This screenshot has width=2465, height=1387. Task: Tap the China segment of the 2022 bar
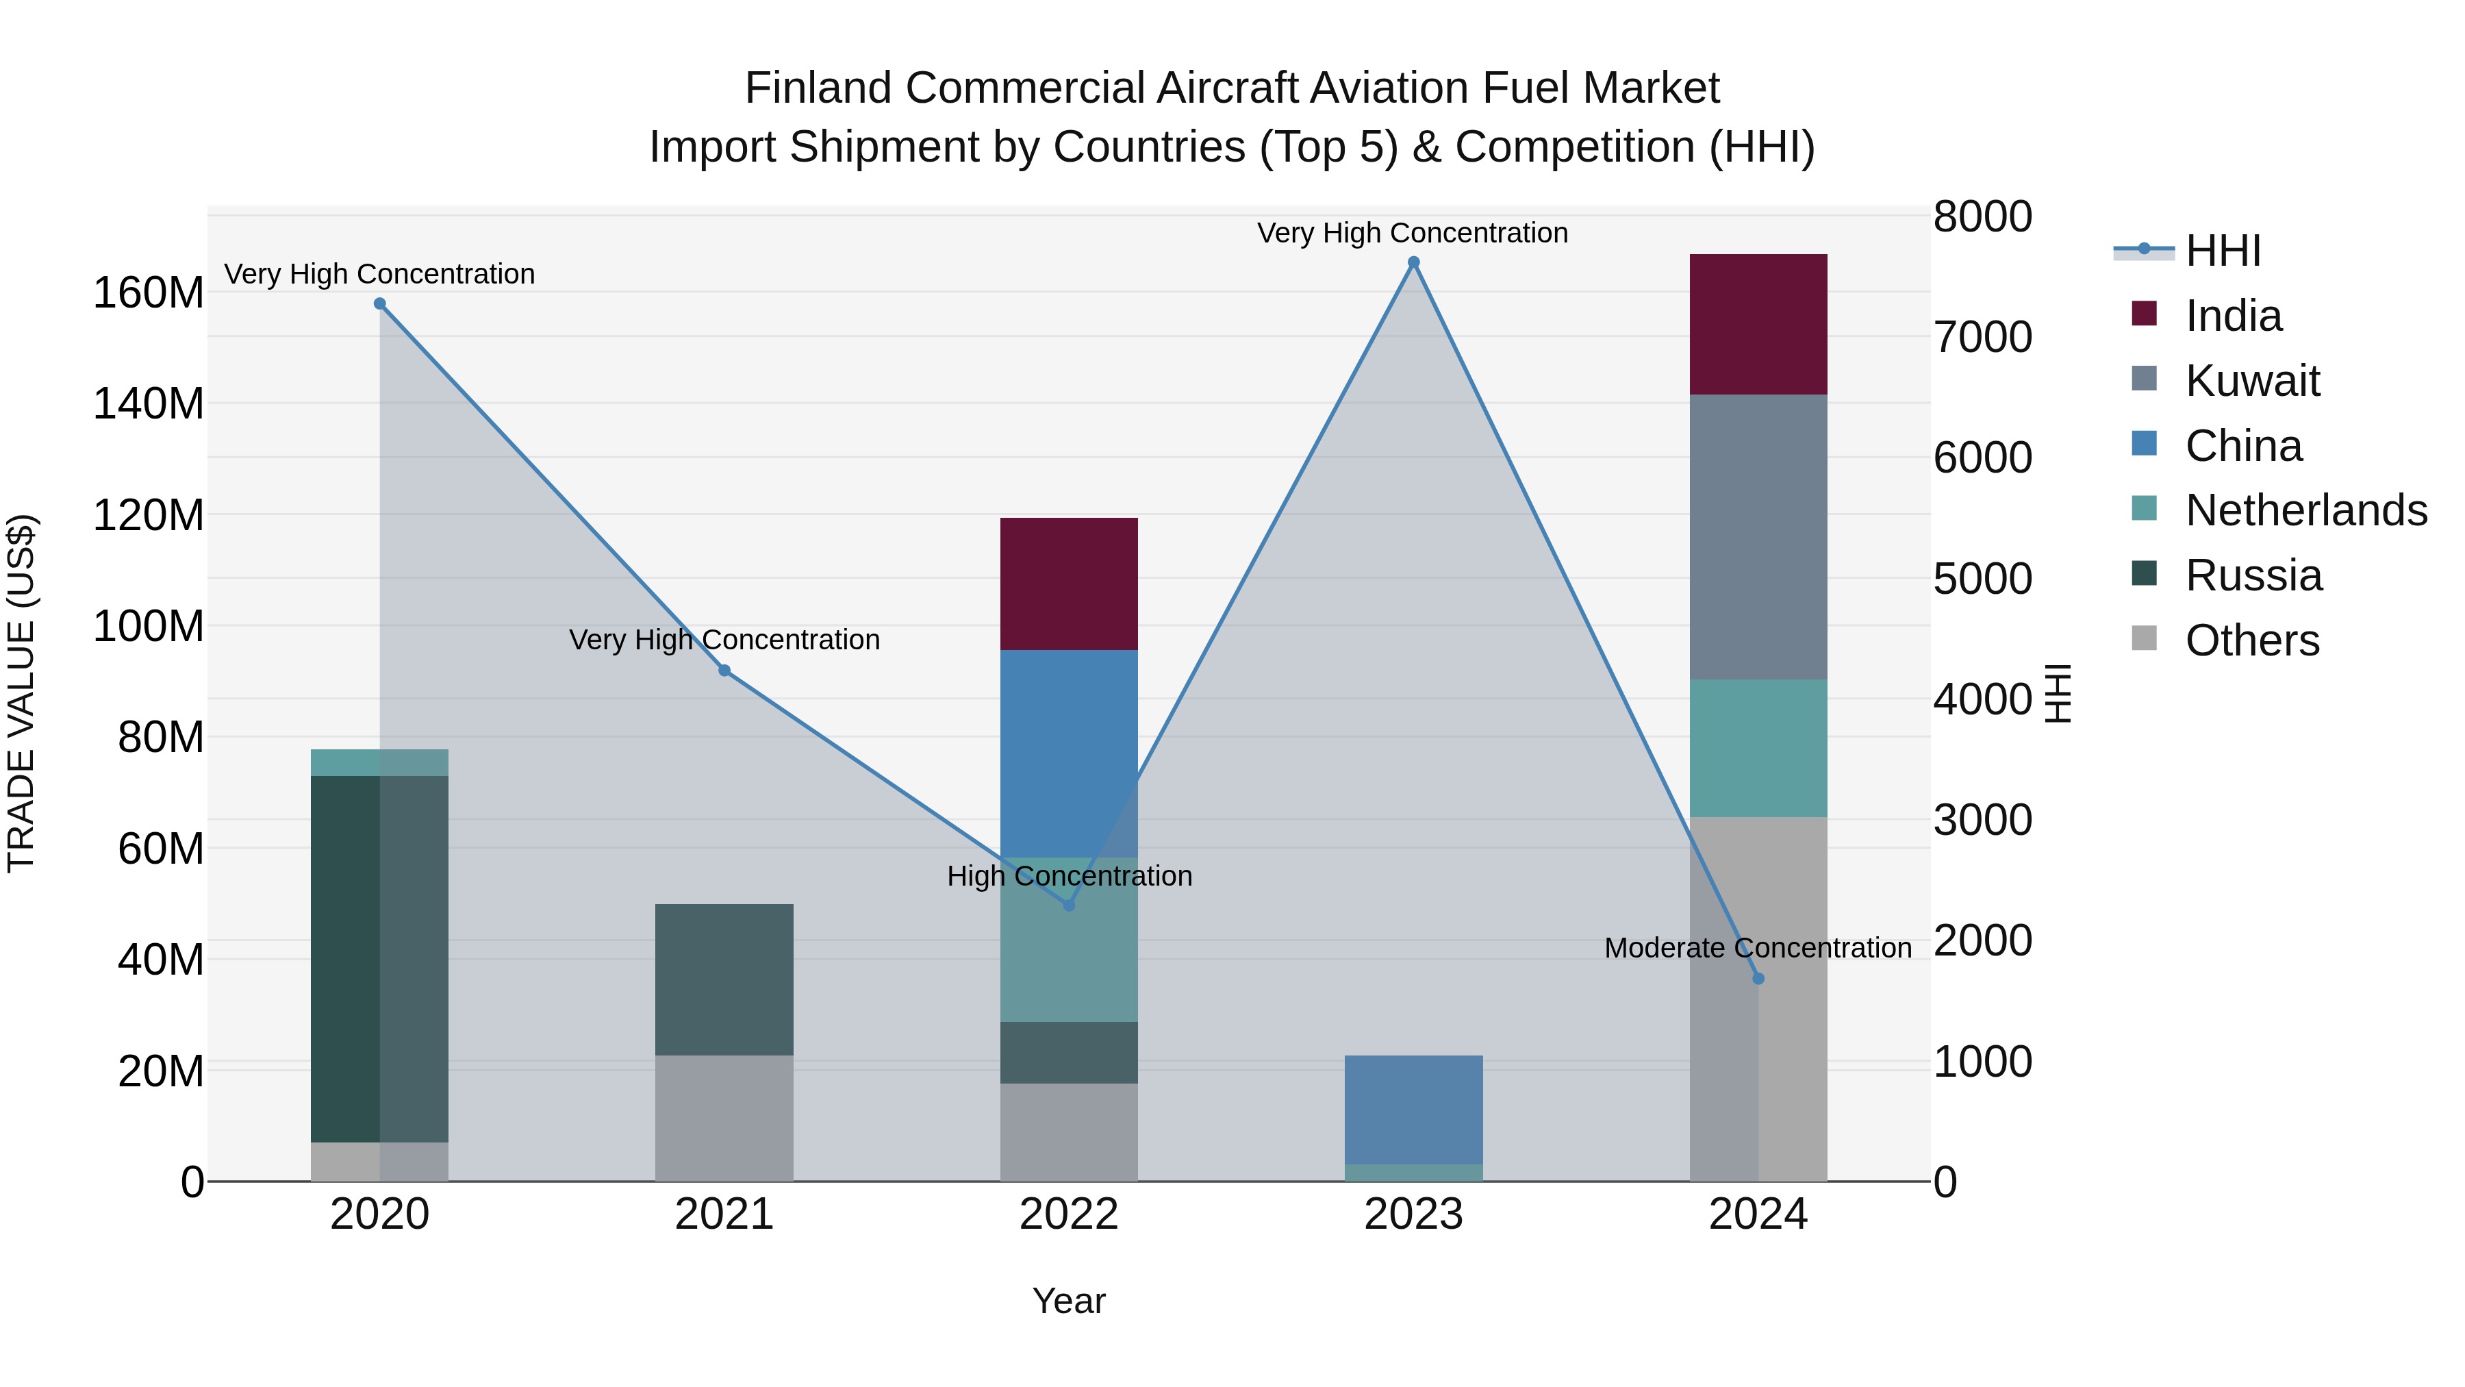(1069, 753)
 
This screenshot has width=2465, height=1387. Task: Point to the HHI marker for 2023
(1413, 262)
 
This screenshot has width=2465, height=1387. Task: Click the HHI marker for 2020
(380, 303)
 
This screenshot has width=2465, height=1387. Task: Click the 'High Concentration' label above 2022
(1069, 876)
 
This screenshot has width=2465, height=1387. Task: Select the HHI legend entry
(2222, 251)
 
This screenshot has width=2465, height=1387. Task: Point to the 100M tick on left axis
(149, 626)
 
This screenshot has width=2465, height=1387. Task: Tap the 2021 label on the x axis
(724, 1214)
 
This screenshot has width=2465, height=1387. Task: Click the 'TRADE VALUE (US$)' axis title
(21, 693)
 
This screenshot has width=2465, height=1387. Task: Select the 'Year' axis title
(1069, 1301)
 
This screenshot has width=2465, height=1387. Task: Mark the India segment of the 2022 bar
(1069, 584)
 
